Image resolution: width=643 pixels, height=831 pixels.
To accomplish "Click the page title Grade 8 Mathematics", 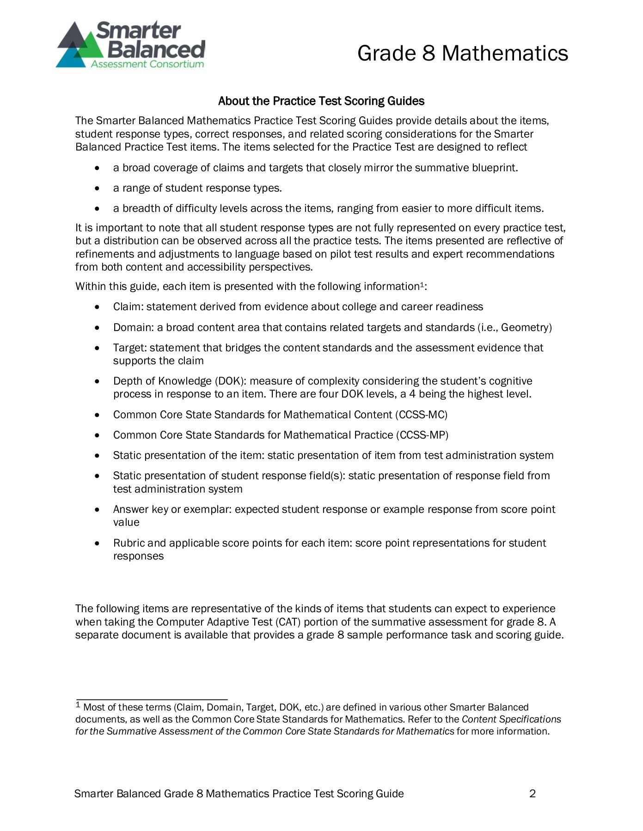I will point(462,53).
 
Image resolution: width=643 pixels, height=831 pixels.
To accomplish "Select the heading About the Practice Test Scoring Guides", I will point(321,101).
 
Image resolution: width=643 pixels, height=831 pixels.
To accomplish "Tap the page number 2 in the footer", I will point(532,794).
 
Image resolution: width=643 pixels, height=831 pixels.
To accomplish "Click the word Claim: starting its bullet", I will point(128,307).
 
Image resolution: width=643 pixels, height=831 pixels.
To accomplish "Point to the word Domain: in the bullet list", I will point(133,327).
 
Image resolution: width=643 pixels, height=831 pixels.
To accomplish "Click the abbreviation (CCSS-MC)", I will point(421,415).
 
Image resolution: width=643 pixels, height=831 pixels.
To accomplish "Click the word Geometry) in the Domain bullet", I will point(527,327).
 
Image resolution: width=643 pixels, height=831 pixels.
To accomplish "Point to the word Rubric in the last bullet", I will point(129,543).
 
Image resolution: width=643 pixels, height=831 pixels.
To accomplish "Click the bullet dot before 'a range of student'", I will point(96,188).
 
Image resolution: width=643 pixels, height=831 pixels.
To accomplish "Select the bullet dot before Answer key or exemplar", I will point(96,510).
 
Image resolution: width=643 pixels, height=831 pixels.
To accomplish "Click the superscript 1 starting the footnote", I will point(78,705).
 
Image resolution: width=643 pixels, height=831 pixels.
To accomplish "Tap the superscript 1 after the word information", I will point(421,284).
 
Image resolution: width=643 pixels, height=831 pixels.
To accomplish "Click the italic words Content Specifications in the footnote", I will point(511,719).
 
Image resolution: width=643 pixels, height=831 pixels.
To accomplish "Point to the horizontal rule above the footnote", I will point(151,699).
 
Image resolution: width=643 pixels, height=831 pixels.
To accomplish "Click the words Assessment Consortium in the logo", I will point(147,64).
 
